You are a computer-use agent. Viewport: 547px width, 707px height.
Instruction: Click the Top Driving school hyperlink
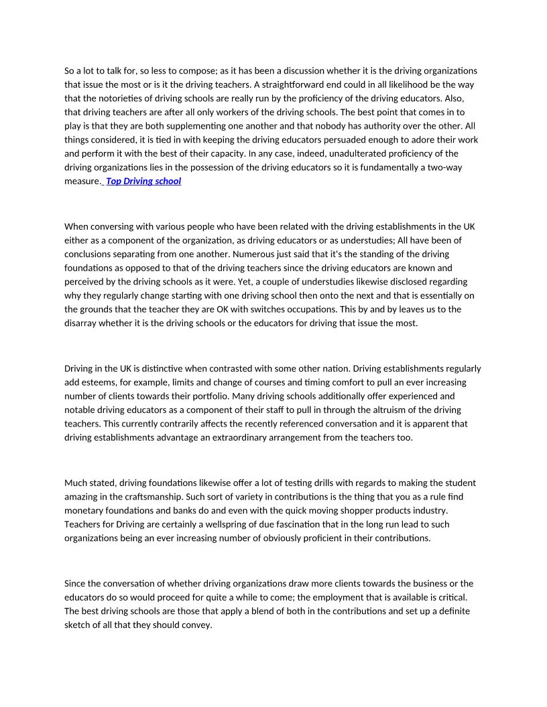pos(143,181)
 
